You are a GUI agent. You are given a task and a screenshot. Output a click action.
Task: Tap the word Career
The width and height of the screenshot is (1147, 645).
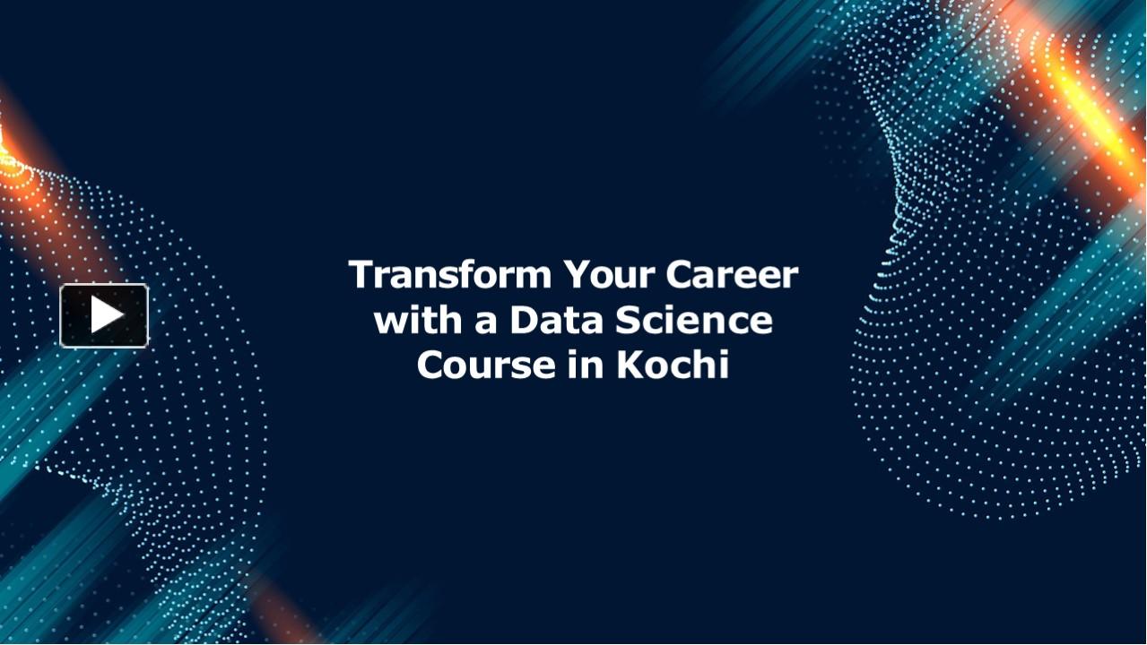[x=731, y=274]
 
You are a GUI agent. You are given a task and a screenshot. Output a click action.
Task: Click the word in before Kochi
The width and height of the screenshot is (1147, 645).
[x=584, y=365]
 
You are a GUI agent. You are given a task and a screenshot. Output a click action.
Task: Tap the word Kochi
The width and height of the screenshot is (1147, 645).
[x=672, y=365]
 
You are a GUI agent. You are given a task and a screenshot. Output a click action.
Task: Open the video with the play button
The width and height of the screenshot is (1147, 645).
[x=104, y=315]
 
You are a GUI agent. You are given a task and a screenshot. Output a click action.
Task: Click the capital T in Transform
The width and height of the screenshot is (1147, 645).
[x=361, y=274]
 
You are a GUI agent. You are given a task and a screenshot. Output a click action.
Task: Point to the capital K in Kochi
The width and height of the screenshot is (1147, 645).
[x=628, y=365]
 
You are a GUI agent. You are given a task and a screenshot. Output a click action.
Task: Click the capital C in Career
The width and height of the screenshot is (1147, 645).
[x=680, y=274]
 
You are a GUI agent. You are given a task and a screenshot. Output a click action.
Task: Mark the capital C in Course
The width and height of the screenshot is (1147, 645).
[x=431, y=365]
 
